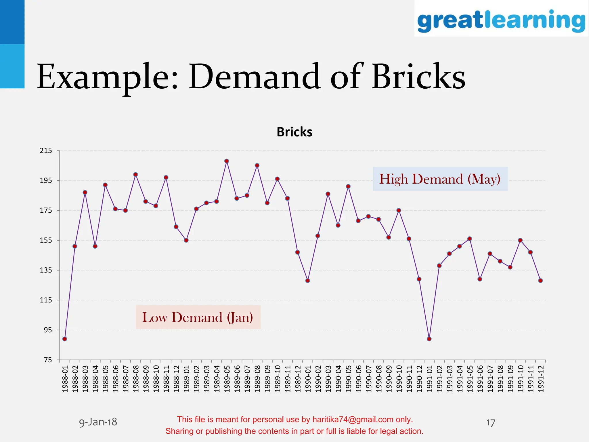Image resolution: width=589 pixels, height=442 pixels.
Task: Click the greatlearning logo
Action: (x=501, y=20)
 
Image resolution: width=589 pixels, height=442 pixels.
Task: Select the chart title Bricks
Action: (x=294, y=132)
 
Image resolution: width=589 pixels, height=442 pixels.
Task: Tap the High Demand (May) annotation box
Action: (x=440, y=179)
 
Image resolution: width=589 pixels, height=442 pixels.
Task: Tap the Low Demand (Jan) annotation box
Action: (x=198, y=317)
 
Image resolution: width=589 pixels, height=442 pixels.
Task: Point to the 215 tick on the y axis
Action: (x=46, y=150)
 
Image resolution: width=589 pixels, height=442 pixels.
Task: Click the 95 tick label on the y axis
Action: (x=48, y=330)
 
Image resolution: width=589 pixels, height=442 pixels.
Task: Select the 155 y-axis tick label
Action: (x=46, y=240)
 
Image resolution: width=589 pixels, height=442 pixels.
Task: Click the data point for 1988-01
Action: (x=65, y=339)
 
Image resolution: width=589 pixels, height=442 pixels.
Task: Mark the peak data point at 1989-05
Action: (x=227, y=161)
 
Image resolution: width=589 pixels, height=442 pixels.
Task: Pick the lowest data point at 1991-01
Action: (x=429, y=339)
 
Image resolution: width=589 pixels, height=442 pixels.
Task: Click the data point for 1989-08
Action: (x=257, y=165)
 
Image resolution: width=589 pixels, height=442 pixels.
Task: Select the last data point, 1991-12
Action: (x=540, y=281)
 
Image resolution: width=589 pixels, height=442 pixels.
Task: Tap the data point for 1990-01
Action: (x=308, y=281)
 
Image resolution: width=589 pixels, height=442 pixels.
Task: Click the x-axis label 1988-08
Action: (x=136, y=378)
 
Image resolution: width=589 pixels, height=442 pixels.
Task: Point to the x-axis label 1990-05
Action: (x=348, y=378)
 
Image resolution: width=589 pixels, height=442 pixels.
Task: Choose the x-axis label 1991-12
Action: (x=541, y=378)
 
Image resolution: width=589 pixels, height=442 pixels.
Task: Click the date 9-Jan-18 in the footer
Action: (x=98, y=422)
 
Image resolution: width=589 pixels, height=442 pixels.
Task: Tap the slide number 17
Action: (x=490, y=423)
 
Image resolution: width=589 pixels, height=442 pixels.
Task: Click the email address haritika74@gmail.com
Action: (x=353, y=420)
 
